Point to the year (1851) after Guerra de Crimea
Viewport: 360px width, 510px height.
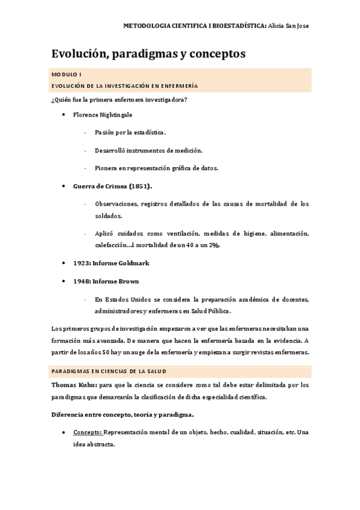click(x=140, y=186)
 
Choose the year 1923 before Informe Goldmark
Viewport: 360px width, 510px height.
click(x=81, y=263)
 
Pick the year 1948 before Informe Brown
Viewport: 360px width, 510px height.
click(x=81, y=281)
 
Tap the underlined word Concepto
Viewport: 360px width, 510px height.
click(x=88, y=432)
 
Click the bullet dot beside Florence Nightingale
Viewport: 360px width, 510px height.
click(x=64, y=114)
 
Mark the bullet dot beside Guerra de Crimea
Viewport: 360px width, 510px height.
click(x=64, y=186)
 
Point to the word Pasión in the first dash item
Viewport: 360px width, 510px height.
click(x=105, y=132)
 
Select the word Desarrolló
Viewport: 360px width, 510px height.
click(x=111, y=150)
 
